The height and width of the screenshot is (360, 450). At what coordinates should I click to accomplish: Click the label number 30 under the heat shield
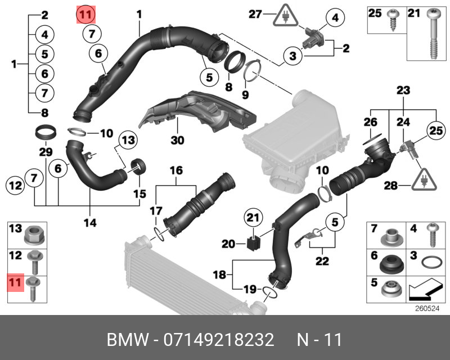(177, 140)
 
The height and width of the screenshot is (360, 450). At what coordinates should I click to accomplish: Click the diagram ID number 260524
(427, 309)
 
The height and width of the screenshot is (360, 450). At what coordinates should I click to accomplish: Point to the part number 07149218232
(219, 340)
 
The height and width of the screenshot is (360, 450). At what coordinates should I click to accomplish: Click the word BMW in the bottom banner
(128, 340)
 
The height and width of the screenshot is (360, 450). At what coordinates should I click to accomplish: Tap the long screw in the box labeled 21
(433, 34)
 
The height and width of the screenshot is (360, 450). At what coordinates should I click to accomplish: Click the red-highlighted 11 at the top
(85, 15)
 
